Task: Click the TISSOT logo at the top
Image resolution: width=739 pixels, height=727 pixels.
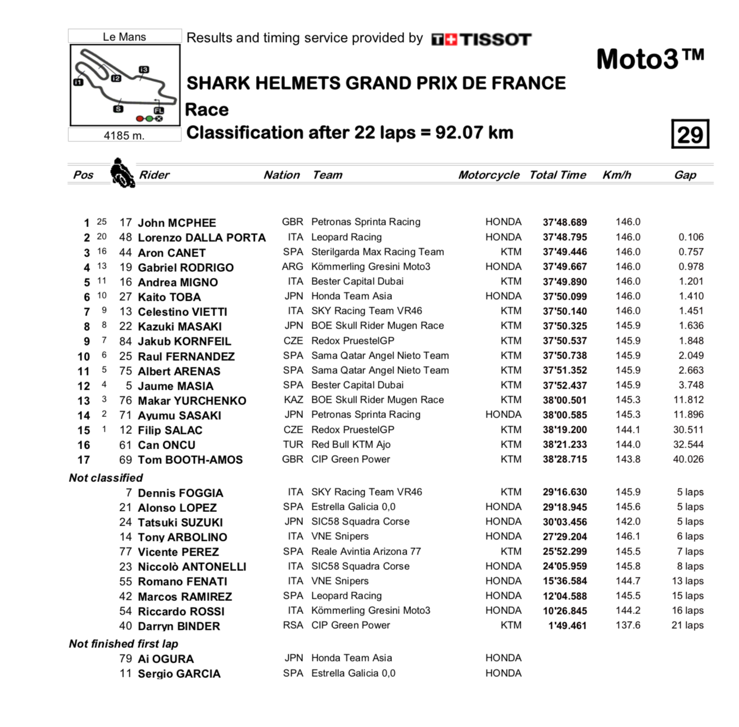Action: click(x=481, y=39)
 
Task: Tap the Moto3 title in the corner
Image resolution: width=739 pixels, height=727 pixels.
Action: click(x=649, y=59)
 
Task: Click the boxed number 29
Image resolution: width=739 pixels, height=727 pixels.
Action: click(x=690, y=134)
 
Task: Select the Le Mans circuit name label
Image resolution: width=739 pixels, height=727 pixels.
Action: click(x=124, y=37)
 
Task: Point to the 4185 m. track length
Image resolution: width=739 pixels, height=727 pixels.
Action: click(x=124, y=135)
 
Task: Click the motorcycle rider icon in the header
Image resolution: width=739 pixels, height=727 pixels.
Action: click(x=122, y=173)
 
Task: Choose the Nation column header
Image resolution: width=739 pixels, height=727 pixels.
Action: click(x=282, y=175)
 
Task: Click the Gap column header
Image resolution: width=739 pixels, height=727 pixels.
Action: click(x=685, y=175)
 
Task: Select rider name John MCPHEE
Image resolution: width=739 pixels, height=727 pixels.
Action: click(x=177, y=223)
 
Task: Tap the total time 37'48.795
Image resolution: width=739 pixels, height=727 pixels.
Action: click(x=564, y=237)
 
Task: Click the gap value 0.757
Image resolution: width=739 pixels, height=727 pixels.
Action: click(x=691, y=252)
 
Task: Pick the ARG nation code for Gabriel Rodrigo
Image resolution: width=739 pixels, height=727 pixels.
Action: click(x=293, y=267)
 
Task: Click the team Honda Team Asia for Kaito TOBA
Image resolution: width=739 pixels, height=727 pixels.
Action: click(x=351, y=296)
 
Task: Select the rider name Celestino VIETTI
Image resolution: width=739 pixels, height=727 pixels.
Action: click(x=182, y=312)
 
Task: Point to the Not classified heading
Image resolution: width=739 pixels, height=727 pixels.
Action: click(x=106, y=478)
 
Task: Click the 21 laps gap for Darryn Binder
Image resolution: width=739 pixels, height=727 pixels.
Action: click(x=687, y=625)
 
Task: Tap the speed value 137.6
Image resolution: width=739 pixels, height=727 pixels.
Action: click(x=628, y=625)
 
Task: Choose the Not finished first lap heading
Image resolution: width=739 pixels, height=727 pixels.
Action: click(x=123, y=644)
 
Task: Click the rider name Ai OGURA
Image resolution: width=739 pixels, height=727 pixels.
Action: click(x=165, y=659)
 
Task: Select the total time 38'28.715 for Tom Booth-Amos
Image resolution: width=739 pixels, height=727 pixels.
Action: click(x=564, y=460)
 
